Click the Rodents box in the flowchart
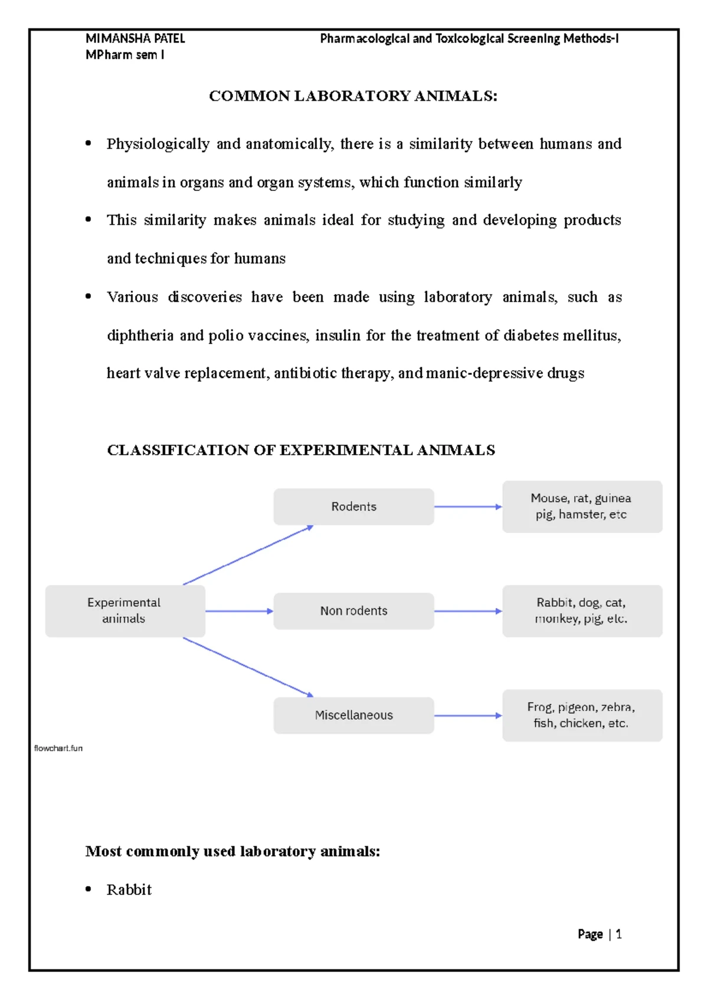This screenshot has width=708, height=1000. coord(353,506)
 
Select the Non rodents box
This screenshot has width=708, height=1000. coord(353,611)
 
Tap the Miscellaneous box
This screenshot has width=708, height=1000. coord(353,715)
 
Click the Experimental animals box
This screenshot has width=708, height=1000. coord(124,611)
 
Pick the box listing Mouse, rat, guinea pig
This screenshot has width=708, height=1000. coord(582,506)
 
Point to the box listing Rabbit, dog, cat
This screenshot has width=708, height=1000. coord(582,611)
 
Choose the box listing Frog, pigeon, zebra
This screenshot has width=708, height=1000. coord(582,715)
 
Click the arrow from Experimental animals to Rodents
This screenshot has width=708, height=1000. coord(248,555)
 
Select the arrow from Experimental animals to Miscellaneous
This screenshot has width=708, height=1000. coord(248,667)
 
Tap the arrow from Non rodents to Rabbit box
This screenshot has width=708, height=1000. coord(468,611)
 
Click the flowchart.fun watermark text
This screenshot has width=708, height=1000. coord(58,748)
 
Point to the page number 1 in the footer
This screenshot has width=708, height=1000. coord(618,934)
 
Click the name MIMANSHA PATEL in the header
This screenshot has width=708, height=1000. coord(135,39)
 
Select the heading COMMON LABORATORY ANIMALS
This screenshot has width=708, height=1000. coord(353,96)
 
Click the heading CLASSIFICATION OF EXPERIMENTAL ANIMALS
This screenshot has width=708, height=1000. coord(301,450)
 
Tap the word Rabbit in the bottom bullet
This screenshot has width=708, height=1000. coord(129,890)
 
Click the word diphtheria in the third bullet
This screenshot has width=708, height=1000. coord(140,335)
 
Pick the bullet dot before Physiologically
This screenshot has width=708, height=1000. coord(88,143)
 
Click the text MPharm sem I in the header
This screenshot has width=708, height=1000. coord(124,55)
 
